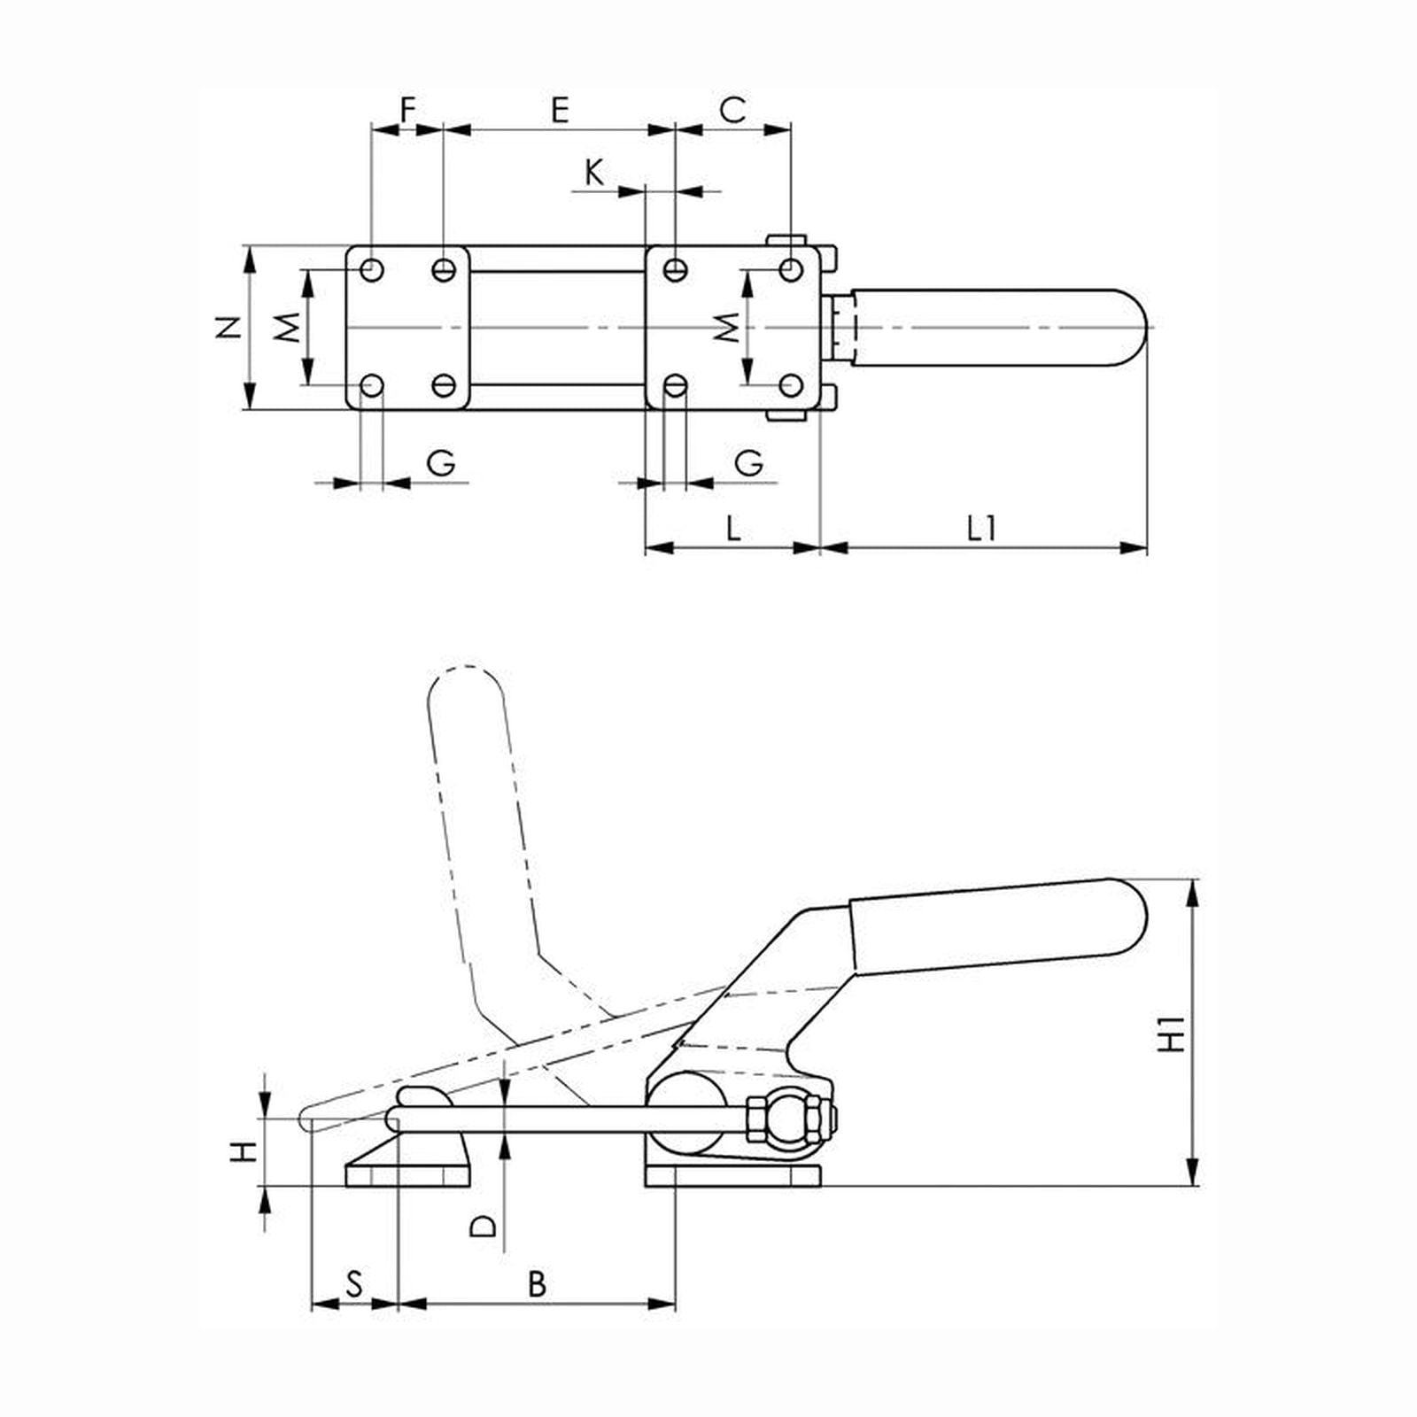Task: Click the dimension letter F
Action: (x=407, y=110)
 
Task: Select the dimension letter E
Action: (x=559, y=110)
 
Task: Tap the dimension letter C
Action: (x=732, y=110)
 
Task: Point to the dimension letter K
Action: (x=594, y=173)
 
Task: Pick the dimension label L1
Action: (x=981, y=529)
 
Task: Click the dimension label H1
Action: (x=1173, y=1033)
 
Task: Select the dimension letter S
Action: (x=354, y=1283)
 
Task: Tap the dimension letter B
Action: (x=538, y=1283)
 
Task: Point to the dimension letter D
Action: (x=484, y=1227)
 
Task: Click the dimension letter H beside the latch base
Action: (x=244, y=1152)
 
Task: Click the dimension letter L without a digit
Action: (x=732, y=529)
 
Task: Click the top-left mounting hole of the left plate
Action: (x=372, y=268)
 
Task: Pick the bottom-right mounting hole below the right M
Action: (x=791, y=386)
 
